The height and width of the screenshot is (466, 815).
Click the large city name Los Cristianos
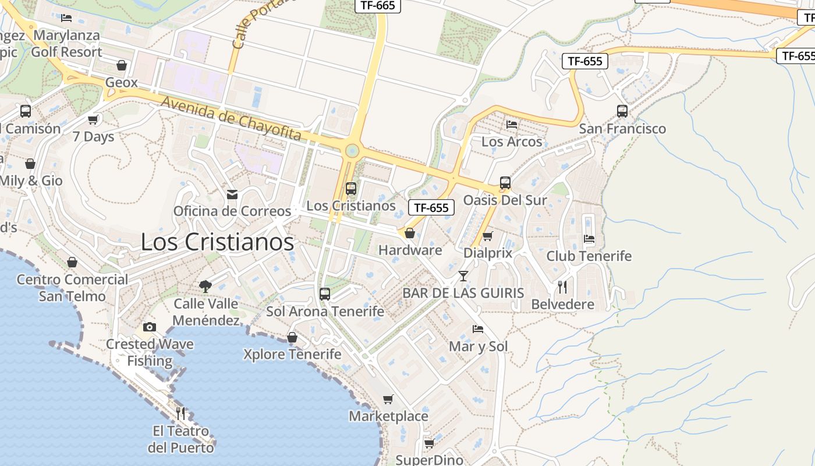click(217, 242)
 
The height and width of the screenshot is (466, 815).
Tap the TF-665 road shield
click(378, 6)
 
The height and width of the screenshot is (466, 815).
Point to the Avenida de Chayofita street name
click(231, 119)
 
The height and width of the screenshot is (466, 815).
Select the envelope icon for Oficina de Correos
click(232, 194)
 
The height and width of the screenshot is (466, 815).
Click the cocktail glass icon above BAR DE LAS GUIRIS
click(463, 276)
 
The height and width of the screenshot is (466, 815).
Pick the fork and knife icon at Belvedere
click(562, 287)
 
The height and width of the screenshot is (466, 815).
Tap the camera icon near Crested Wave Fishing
click(150, 327)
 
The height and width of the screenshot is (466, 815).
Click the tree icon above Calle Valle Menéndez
click(205, 286)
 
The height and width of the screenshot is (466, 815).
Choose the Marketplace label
click(388, 416)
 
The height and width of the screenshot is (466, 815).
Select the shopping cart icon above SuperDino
click(429, 443)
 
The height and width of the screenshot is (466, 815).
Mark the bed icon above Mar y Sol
click(478, 329)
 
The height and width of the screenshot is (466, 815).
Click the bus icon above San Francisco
click(622, 111)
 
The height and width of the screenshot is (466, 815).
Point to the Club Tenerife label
click(589, 256)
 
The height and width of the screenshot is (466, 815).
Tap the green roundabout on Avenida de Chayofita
click(352, 151)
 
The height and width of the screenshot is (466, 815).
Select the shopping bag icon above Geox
click(122, 65)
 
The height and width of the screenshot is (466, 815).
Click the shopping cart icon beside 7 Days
click(93, 119)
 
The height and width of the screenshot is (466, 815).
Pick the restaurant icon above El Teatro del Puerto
click(181, 414)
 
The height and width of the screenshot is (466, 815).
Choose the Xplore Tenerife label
click(292, 354)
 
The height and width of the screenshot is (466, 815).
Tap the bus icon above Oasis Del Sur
click(505, 183)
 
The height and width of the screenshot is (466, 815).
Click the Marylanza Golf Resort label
click(67, 44)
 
